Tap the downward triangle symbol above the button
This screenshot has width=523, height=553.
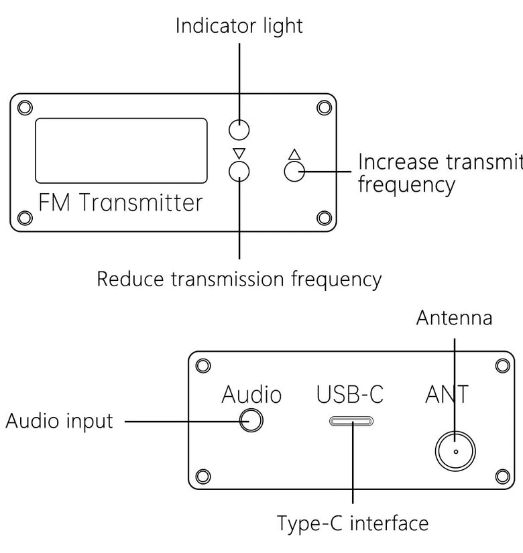click(x=239, y=153)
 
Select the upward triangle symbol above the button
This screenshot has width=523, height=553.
click(x=294, y=154)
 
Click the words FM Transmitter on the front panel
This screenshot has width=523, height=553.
click(x=120, y=202)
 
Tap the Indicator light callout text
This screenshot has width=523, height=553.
click(x=239, y=26)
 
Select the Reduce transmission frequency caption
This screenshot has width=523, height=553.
click(x=239, y=280)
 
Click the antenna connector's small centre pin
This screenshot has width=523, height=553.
click(x=455, y=451)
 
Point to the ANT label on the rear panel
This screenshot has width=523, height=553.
click(x=447, y=394)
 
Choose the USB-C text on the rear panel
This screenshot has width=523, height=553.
click(x=350, y=394)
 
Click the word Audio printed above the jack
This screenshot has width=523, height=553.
click(x=251, y=394)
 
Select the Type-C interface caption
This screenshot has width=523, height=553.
click(x=353, y=523)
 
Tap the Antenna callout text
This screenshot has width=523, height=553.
click(x=454, y=318)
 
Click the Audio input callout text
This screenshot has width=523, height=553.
click(x=59, y=421)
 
